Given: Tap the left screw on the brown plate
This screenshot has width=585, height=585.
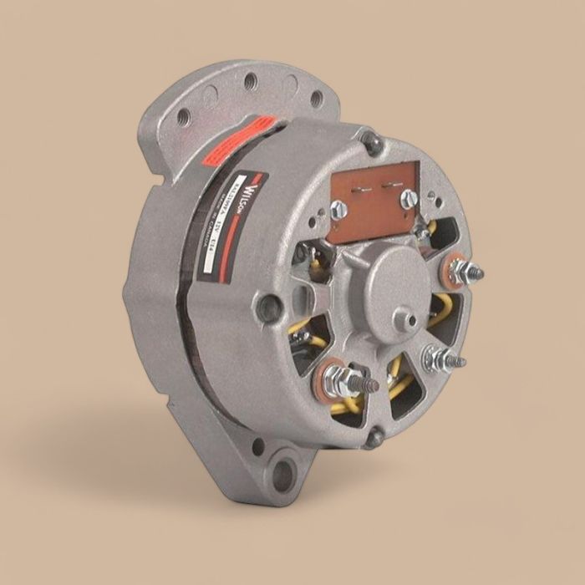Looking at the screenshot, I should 338,210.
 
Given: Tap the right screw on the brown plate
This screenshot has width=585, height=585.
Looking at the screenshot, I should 408,198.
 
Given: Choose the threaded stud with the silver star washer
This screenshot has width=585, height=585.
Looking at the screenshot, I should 440,359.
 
